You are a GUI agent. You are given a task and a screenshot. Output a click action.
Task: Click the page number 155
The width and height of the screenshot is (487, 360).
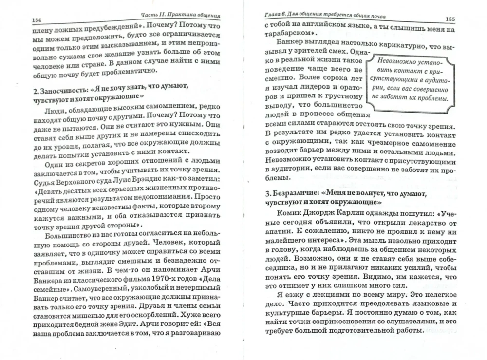(450, 19)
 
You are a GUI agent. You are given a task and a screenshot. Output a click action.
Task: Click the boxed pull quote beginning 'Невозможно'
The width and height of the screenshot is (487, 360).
(410, 81)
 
